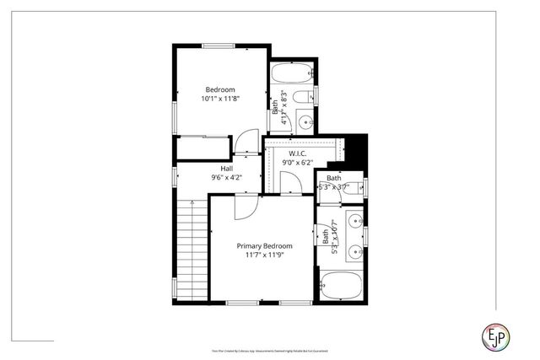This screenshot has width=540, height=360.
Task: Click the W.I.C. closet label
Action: point(296,153)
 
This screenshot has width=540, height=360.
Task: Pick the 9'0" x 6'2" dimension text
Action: point(296,163)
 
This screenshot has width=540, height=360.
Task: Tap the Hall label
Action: point(227,168)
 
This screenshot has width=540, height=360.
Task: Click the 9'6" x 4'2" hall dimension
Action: point(227,177)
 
